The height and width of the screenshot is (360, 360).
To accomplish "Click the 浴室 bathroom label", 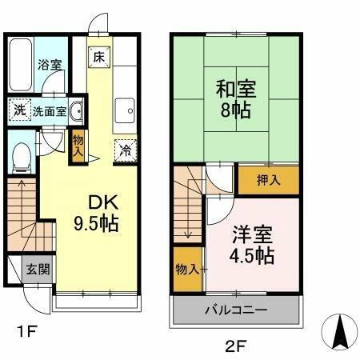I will pos(50,65).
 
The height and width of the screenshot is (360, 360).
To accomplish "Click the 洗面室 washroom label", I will pos(49,111).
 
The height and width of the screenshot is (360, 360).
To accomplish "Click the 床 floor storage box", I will pos(98,58).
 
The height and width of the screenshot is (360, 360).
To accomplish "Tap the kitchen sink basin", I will pos(124,110).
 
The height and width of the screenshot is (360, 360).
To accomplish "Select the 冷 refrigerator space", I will pos(126,149).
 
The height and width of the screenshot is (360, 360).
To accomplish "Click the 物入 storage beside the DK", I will pos(78,145).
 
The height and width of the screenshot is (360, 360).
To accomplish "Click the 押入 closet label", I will pos(269,180).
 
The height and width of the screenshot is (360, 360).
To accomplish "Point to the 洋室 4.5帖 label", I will pos(253,245).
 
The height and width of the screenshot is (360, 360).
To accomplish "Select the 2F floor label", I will pos(233,345).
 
